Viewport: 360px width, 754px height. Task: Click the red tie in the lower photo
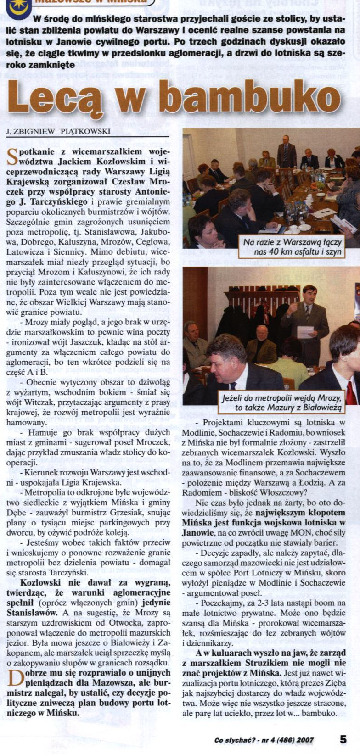coord(351,392)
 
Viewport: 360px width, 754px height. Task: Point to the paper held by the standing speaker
coord(305,331)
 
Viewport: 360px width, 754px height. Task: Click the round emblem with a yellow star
coord(18,6)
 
